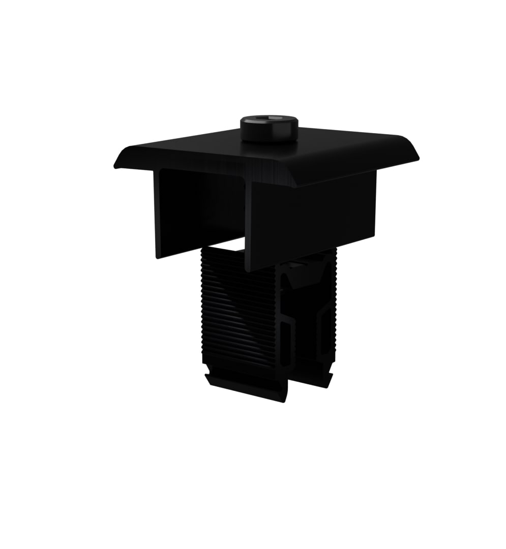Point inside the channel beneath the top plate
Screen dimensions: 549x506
point(203,208)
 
